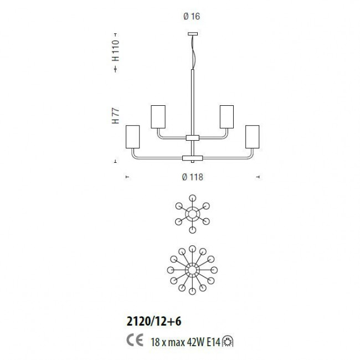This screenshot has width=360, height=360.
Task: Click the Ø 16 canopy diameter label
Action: (192, 16)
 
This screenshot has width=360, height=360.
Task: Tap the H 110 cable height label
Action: (116, 50)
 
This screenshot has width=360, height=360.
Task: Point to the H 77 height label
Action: (116, 116)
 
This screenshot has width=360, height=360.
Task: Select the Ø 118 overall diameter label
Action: (193, 177)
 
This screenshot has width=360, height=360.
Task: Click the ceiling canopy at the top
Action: (193, 34)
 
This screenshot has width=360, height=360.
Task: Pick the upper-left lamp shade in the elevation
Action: (158, 117)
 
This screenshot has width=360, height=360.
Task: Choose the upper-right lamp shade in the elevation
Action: (227, 117)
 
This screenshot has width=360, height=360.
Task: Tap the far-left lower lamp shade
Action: (133, 137)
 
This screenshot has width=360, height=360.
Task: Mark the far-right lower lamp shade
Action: (253, 137)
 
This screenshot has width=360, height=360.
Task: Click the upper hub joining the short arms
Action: (193, 138)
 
